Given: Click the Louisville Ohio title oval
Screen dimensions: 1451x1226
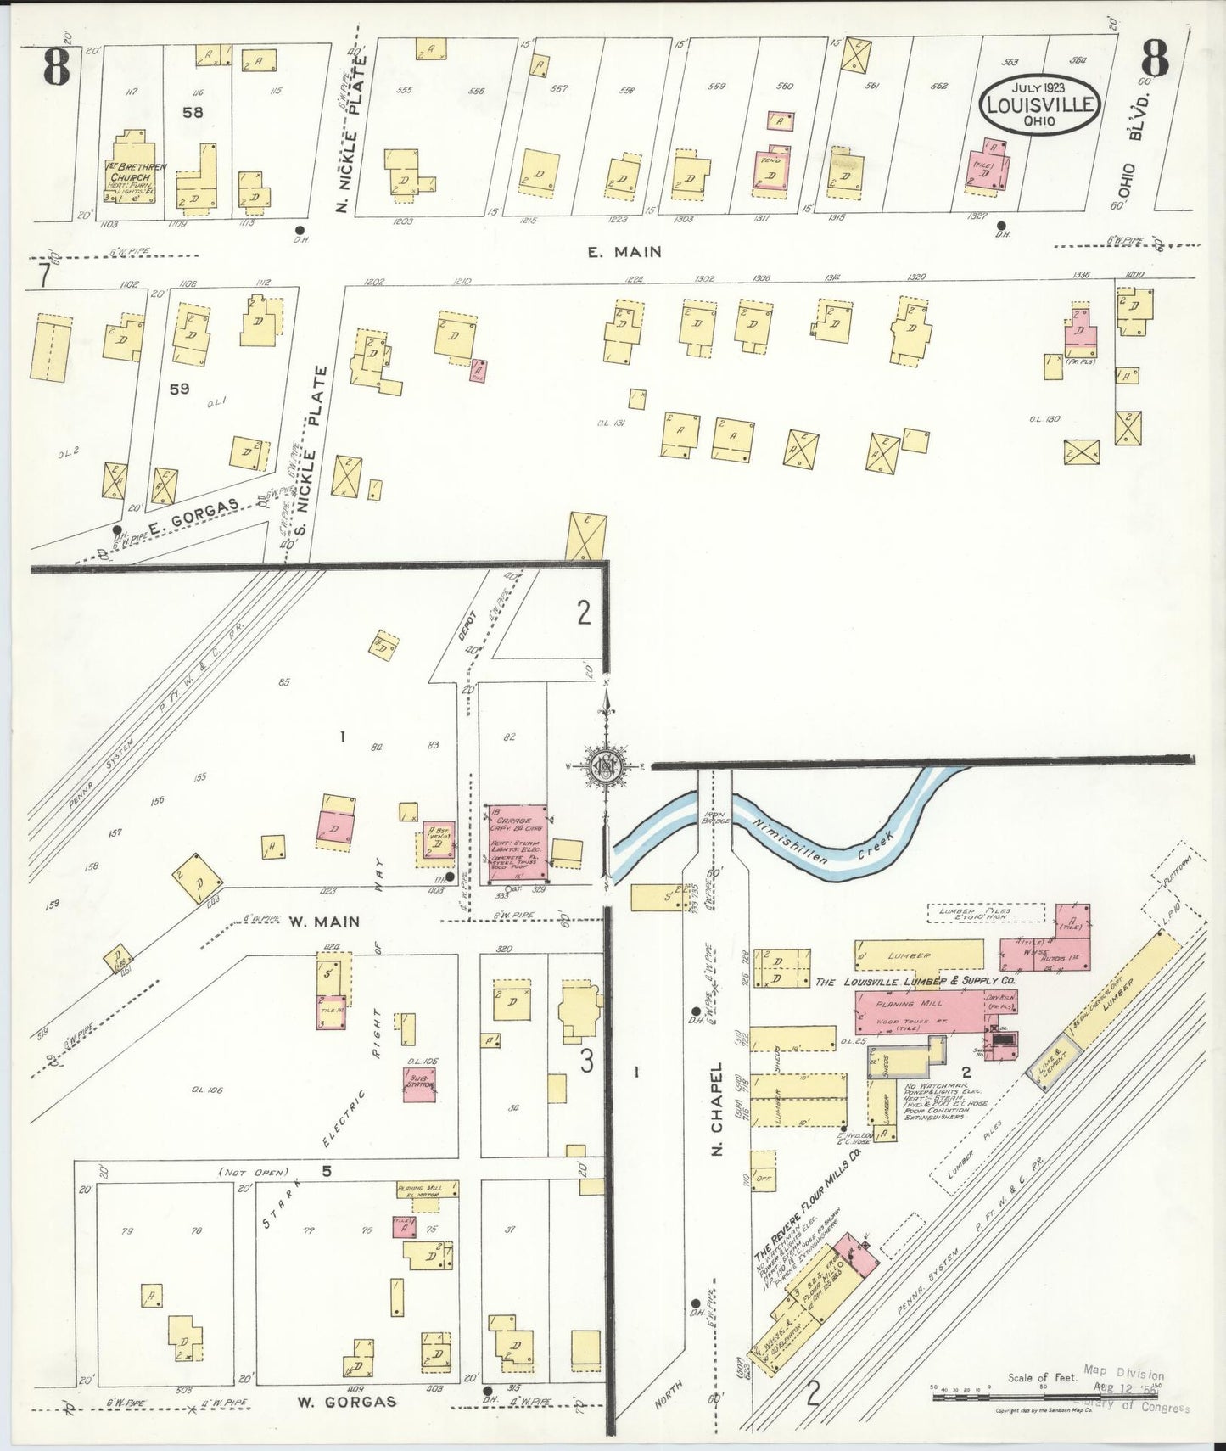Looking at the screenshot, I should tap(1039, 104).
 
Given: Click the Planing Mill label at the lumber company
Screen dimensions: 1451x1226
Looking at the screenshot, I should tap(908, 1003).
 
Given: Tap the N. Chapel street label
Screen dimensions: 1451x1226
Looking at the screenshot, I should tap(717, 1110).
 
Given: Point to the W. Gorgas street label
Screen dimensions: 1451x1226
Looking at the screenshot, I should tap(346, 1402).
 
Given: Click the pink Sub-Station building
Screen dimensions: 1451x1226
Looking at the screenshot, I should tap(419, 1084).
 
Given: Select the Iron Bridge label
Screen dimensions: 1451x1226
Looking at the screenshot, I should tap(711, 818).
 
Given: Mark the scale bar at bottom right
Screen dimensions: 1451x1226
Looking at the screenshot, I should tap(1048, 1396).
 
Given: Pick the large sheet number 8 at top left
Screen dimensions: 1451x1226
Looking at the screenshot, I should tap(56, 67).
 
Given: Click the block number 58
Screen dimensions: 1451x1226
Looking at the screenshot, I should tap(193, 111).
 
